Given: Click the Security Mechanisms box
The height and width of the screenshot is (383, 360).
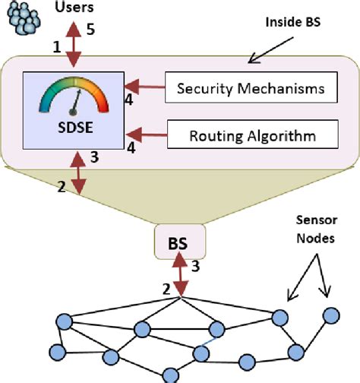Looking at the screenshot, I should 250,88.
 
